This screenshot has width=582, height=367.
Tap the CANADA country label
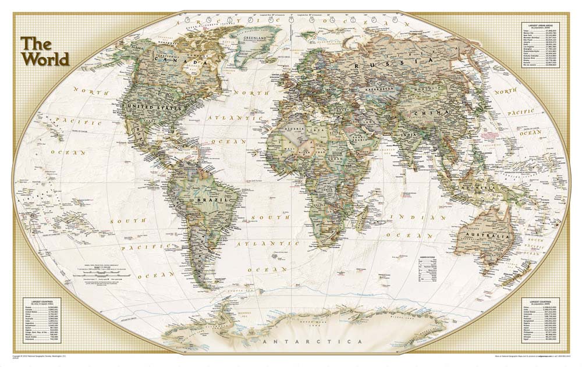click(179, 60)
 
